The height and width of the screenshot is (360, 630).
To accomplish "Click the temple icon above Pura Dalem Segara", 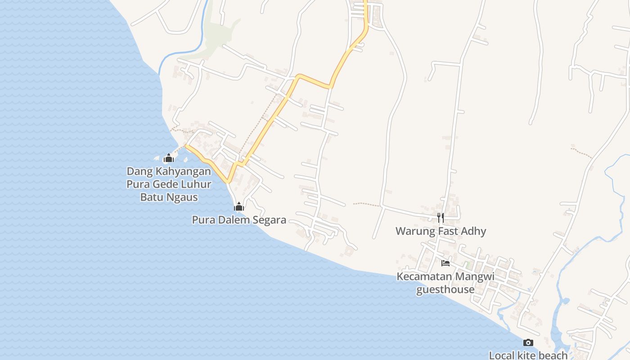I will click(239, 207).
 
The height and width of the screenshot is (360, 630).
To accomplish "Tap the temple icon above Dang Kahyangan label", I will click(169, 158).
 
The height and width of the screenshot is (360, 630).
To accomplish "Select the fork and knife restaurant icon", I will click(441, 218).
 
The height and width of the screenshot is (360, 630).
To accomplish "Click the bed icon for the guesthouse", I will click(445, 263).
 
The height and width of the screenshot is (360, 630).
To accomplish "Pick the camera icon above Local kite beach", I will click(528, 343).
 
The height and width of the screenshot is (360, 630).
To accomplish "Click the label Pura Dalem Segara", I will click(239, 220).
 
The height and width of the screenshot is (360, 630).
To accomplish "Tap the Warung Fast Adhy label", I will click(441, 231).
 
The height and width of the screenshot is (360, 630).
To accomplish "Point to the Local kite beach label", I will click(528, 355).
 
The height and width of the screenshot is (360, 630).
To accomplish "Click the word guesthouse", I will click(445, 289).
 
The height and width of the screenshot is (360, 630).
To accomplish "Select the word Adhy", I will click(473, 231).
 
